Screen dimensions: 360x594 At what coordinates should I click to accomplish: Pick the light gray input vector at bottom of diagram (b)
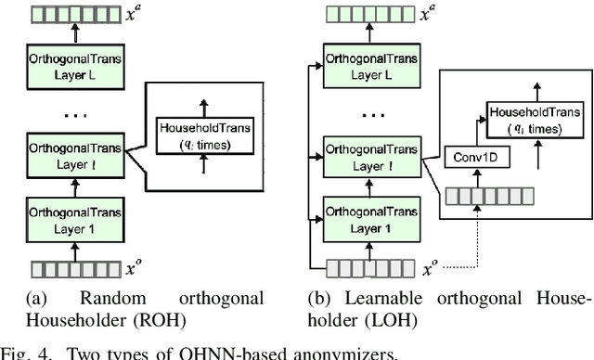coord(363,268)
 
